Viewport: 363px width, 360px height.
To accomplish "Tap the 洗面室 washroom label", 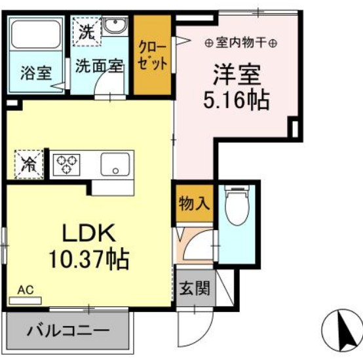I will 98,66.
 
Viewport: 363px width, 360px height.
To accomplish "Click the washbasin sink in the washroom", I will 115,28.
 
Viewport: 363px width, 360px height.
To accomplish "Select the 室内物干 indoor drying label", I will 240,43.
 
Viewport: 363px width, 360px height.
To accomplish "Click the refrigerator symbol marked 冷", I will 28,162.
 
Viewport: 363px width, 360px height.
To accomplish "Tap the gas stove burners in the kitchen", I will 66,163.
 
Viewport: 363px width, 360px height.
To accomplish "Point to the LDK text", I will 88,233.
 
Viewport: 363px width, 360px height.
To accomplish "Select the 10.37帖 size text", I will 87,260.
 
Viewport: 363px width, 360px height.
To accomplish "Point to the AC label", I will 24,289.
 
